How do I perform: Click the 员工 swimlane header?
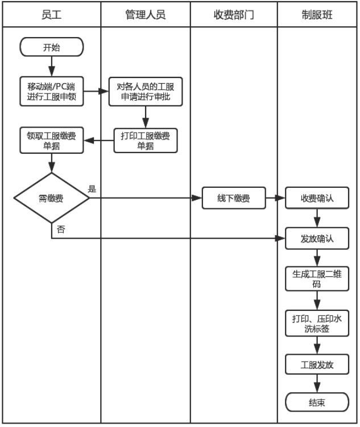coord(51,15)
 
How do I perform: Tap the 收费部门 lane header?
coord(233,15)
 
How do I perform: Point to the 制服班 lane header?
coord(317,15)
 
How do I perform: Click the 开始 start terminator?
coord(51,47)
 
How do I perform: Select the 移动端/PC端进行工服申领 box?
coord(52,91)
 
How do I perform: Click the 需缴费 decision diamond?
coord(52,199)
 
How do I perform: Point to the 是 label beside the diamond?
coord(92,188)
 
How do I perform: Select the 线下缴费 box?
coord(233,199)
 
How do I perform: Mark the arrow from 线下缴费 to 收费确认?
coord(275,199)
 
